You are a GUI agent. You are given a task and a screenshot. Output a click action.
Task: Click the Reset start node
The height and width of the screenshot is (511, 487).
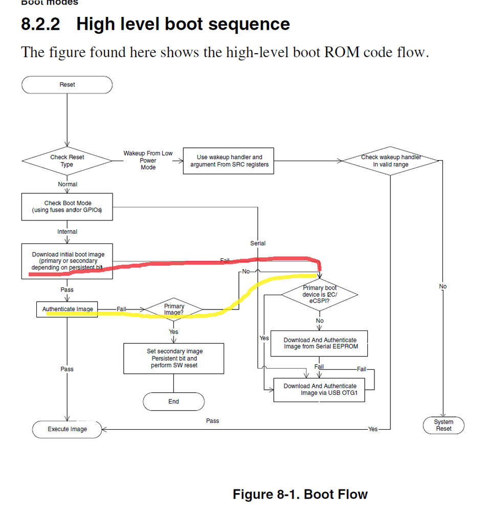pyautogui.click(x=67, y=85)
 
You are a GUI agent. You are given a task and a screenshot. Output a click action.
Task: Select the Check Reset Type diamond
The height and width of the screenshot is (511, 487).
pyautogui.click(x=67, y=161)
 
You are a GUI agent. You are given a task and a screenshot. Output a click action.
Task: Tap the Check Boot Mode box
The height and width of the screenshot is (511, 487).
pyautogui.click(x=67, y=207)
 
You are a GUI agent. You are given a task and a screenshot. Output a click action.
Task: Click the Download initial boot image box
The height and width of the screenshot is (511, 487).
pyautogui.click(x=67, y=261)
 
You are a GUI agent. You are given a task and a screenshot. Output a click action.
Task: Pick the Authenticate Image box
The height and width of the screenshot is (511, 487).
pyautogui.click(x=67, y=309)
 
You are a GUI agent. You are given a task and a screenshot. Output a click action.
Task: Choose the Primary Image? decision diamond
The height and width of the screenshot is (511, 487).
pyautogui.click(x=174, y=309)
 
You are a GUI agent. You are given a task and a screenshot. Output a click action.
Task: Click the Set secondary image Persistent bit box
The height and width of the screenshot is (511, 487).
pyautogui.click(x=174, y=359)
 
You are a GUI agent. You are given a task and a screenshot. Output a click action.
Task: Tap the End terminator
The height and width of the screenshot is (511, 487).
pyautogui.click(x=173, y=402)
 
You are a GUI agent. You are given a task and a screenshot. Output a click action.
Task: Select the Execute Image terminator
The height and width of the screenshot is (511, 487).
pyautogui.click(x=67, y=429)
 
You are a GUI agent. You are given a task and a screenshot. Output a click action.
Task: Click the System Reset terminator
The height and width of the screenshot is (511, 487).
pyautogui.click(x=444, y=425)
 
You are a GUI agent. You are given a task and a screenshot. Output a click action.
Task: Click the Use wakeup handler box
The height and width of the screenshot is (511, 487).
pyautogui.click(x=229, y=161)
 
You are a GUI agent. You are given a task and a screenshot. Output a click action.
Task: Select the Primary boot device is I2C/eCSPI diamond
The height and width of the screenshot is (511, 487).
pyautogui.click(x=320, y=295)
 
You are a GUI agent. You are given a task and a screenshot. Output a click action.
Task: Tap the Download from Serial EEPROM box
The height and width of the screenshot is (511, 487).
pyautogui.click(x=320, y=343)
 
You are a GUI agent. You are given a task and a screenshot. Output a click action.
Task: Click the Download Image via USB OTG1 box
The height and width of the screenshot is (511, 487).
pyautogui.click(x=320, y=389)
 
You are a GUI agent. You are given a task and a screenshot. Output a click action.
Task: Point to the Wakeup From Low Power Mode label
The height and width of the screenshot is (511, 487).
pyautogui.click(x=148, y=160)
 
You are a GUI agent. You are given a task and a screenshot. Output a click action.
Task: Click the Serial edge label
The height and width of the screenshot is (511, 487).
pyautogui.click(x=258, y=243)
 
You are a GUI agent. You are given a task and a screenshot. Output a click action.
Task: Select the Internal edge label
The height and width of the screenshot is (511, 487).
pyautogui.click(x=67, y=232)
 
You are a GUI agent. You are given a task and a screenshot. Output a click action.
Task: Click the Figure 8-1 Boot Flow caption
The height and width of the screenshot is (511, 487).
pyautogui.click(x=300, y=494)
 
